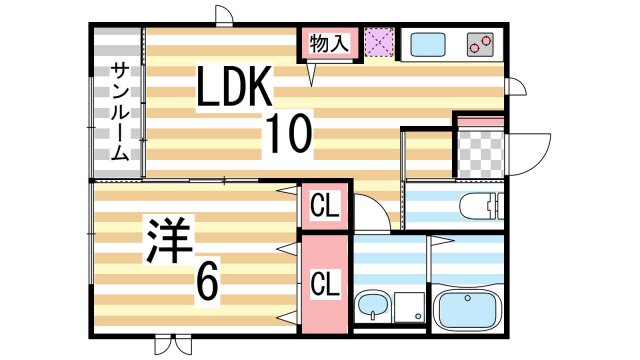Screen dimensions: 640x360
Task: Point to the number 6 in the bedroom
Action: pos(207,283)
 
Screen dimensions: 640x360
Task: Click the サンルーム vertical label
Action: pos(119,110)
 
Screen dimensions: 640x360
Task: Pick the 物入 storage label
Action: pos(330,44)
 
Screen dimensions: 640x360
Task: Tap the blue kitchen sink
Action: pos(427,45)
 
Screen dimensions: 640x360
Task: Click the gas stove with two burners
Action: pos(479,45)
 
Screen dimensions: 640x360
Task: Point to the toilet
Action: pos(484,207)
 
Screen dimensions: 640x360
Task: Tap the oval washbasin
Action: pos(372,306)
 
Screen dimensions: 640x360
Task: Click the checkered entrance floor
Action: pos(477,150)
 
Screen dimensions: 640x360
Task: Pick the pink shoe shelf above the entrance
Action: pos(477,122)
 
